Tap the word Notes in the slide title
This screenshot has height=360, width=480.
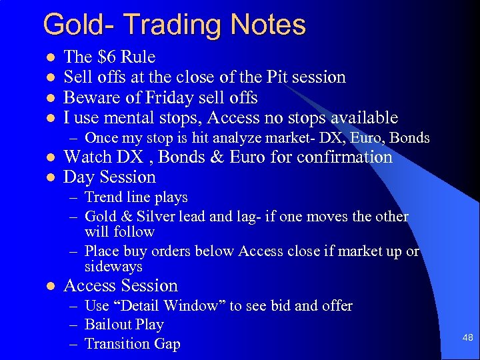pos(268,25)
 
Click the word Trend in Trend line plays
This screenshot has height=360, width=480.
pos(103,197)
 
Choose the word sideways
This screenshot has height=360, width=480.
pos(113,267)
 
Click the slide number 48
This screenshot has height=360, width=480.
pos(467,337)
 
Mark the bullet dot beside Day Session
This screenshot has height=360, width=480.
pos(48,178)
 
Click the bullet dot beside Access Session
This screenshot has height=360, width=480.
pos(48,287)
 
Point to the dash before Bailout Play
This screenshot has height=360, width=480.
pos(75,325)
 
